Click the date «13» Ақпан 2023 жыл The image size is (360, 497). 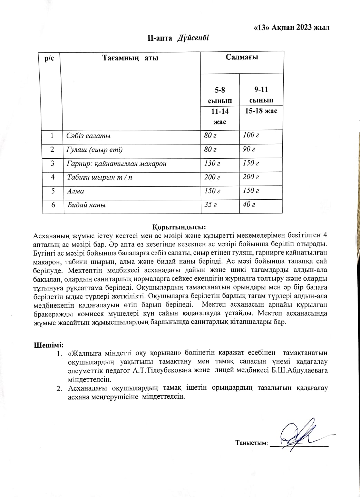pos(291,28)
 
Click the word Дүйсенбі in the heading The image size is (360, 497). pos(193,38)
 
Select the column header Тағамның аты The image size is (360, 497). pos(130,58)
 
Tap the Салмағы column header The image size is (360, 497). pos(242,57)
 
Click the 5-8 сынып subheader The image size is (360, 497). pos(220,95)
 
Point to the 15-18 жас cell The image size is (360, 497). pos(261,111)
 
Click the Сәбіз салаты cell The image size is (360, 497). pos(89,136)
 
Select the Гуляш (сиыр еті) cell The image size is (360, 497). pos(95,150)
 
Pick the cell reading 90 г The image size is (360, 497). pos(249,149)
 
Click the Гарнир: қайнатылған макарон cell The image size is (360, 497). pos(116,163)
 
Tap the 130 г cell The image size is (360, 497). pos(212,163)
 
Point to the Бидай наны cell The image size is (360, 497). pos(86,205)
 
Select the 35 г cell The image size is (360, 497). pos(210,205)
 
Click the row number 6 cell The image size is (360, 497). pos(53,205)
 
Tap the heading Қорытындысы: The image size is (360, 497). pos(179,227)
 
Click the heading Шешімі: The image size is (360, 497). pos(49,345)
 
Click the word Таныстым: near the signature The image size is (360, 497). pos(252,443)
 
